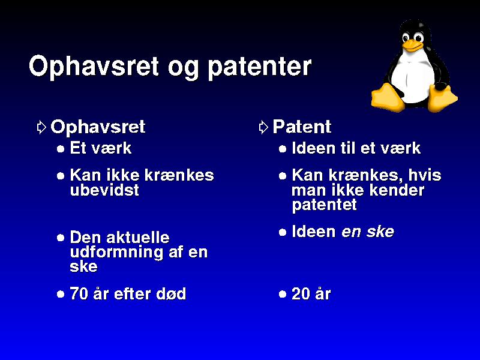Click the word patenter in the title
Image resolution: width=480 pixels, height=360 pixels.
pos(260,68)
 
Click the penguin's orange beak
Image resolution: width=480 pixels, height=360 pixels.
pos(412,45)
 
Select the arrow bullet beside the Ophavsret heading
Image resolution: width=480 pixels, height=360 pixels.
pos(41,127)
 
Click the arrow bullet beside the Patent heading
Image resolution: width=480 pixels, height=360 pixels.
pos(263,127)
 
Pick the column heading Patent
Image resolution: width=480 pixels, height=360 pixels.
pos(302,127)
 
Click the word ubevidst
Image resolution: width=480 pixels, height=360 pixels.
pos(104,190)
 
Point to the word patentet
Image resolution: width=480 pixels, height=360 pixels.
pos(324,205)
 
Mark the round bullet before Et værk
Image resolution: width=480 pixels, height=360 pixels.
pos(61,149)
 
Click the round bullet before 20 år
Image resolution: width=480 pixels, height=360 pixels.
pos(283,295)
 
